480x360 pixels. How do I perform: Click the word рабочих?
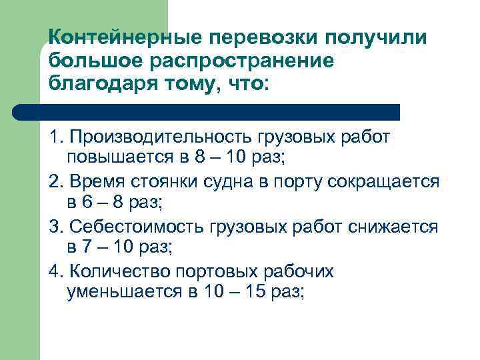coord(299,272)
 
